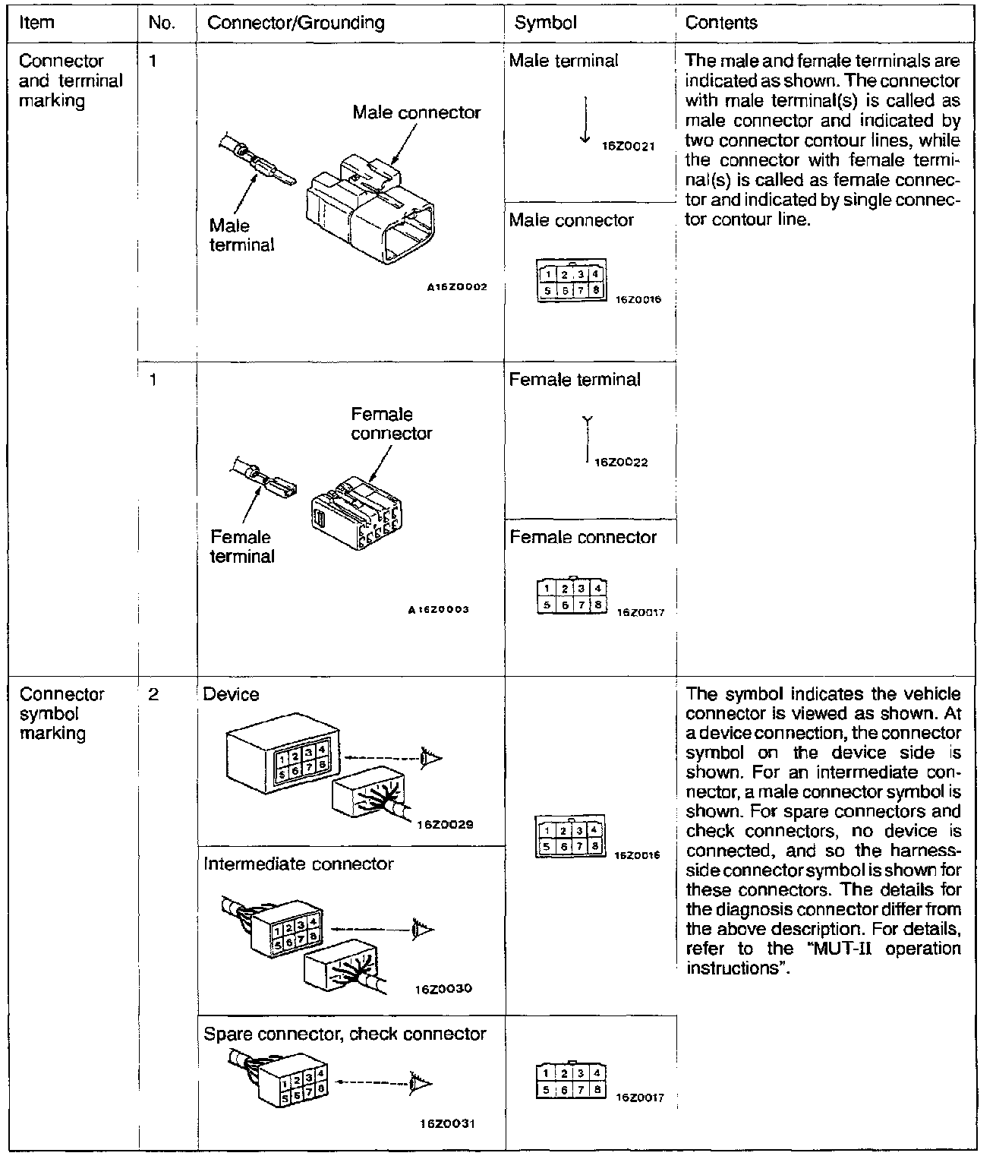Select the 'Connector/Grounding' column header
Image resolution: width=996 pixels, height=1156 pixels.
(x=295, y=23)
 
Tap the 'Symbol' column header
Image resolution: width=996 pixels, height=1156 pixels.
(x=545, y=23)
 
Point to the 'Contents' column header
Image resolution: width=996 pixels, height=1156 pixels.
(x=720, y=23)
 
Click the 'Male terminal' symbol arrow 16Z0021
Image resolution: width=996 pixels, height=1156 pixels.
(x=585, y=119)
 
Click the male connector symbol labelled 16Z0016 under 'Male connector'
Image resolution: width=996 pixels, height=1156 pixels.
(x=572, y=282)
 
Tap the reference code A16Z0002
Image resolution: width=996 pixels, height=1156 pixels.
(x=455, y=287)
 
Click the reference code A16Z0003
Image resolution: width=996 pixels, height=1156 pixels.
(x=439, y=609)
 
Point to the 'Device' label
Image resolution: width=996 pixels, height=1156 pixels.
(x=231, y=694)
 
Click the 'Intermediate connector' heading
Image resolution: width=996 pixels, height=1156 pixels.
(x=298, y=864)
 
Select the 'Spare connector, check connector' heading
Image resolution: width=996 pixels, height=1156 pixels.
(x=345, y=1034)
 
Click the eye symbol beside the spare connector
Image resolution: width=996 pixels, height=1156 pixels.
(x=420, y=1082)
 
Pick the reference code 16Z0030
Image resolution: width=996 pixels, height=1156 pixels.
(x=443, y=988)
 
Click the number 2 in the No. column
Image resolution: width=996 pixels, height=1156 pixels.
(x=153, y=694)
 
